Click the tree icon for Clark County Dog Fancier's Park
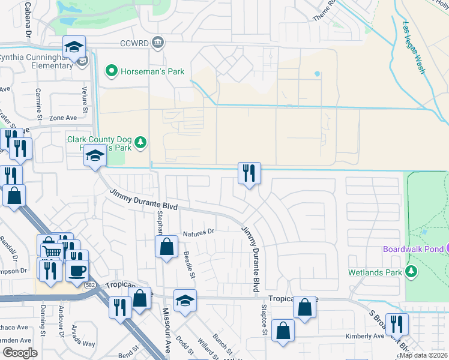(140, 142)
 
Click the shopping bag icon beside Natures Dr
(166, 246)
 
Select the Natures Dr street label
(199, 232)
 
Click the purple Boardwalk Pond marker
(445, 248)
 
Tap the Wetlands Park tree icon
(412, 272)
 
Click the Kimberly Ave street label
(364, 337)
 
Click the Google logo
(20, 353)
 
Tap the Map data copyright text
(423, 355)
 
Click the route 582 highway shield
(90, 285)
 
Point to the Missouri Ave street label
(166, 331)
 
